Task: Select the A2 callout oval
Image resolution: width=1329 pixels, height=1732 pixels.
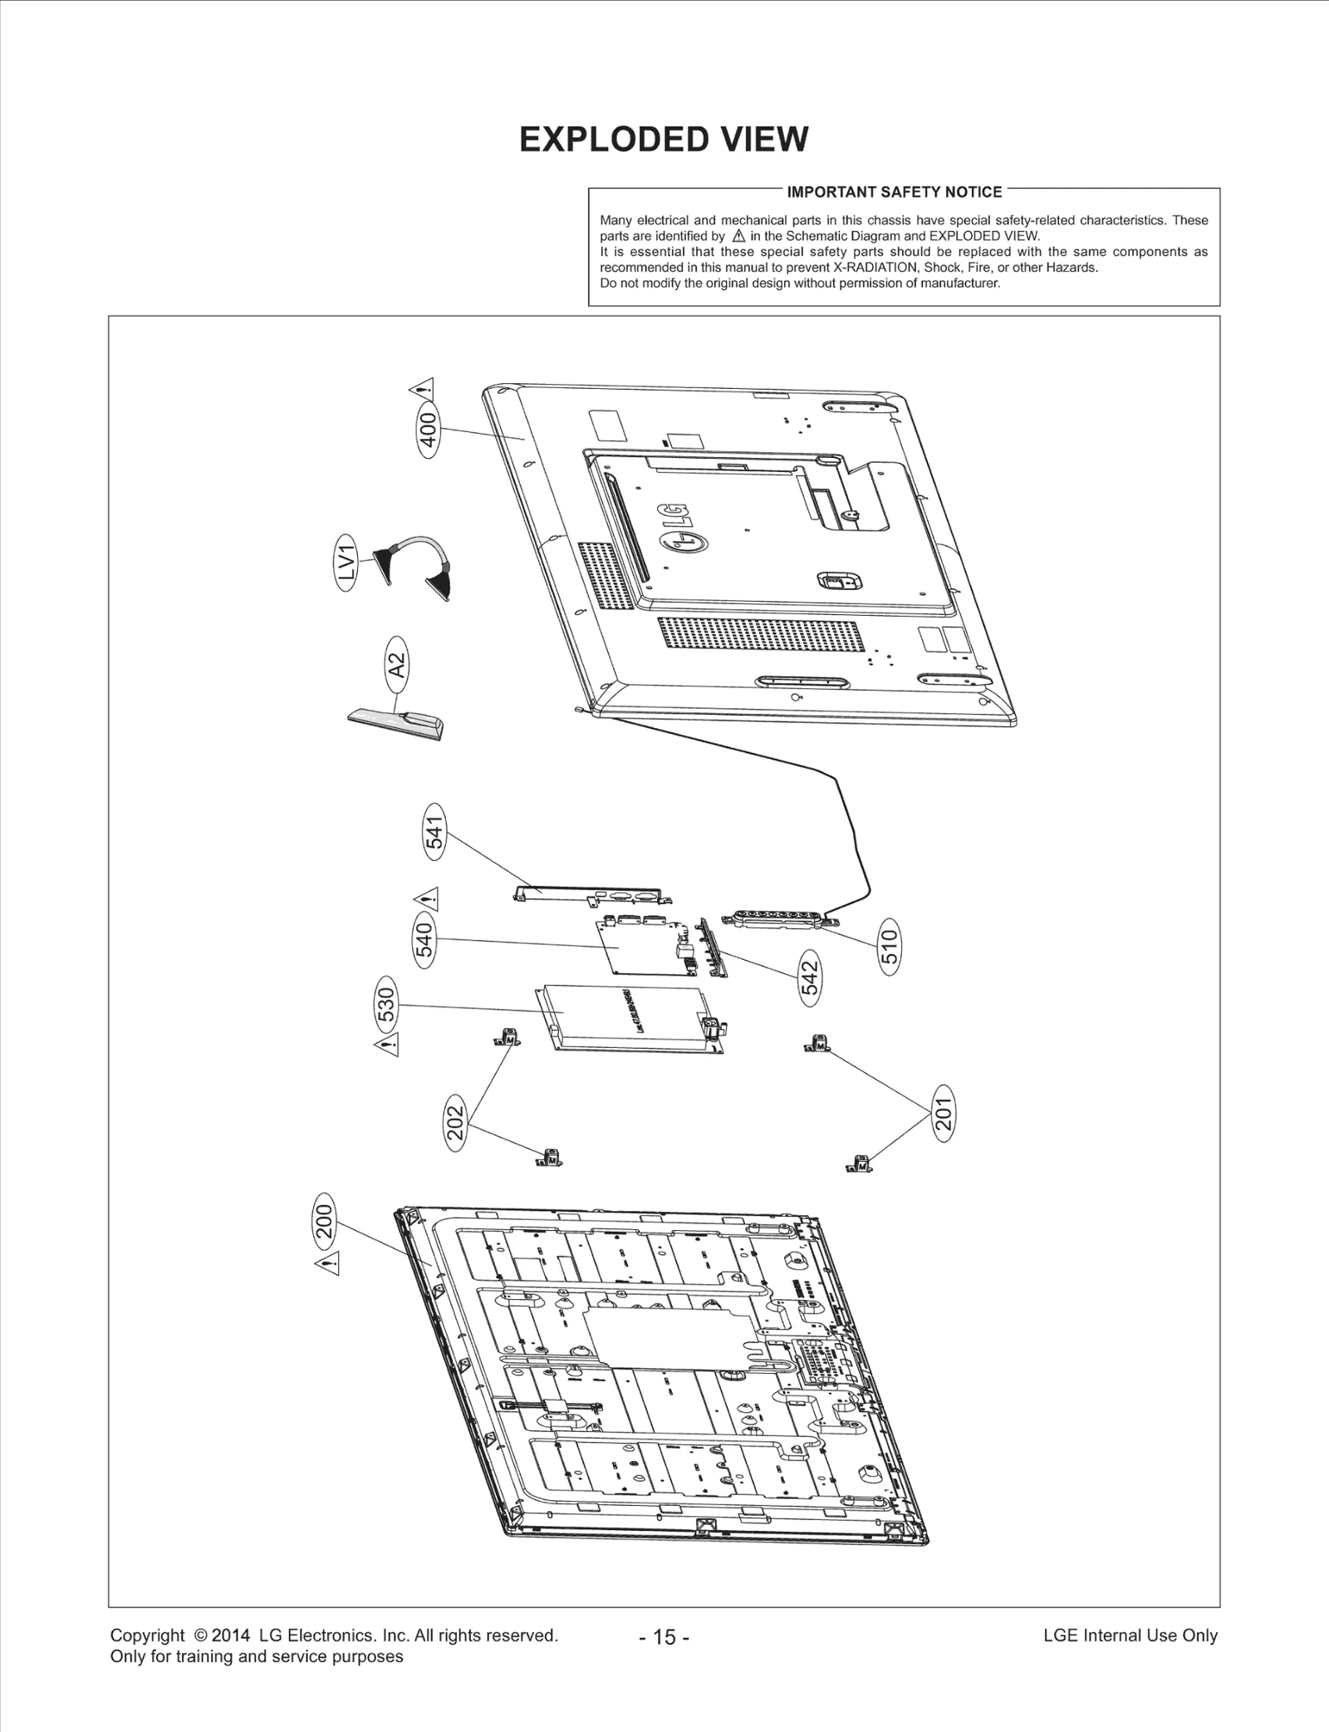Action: pyautogui.click(x=398, y=665)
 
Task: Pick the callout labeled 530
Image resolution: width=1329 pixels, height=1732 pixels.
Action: pyautogui.click(x=388, y=1006)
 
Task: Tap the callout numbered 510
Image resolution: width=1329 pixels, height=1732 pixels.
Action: pyautogui.click(x=889, y=947)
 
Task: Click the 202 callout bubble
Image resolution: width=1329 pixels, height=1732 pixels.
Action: pyautogui.click(x=456, y=1124)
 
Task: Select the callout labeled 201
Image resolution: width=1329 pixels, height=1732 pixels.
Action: pyautogui.click(x=944, y=1114)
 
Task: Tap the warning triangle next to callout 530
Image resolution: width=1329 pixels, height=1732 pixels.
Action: pyautogui.click(x=387, y=1045)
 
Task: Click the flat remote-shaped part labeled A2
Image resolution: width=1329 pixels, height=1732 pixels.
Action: pyautogui.click(x=395, y=721)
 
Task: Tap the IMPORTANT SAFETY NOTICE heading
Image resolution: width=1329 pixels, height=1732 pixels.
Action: pyautogui.click(x=894, y=192)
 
